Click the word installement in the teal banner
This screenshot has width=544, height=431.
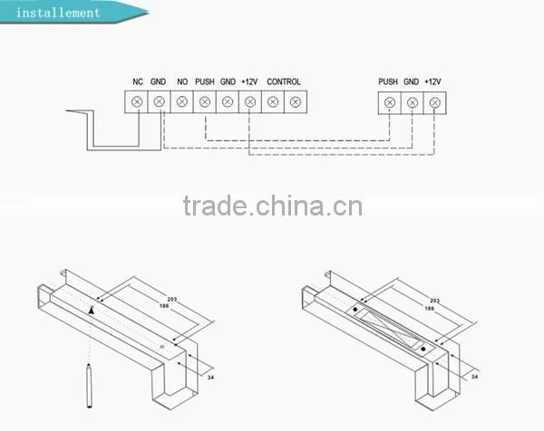point(58,13)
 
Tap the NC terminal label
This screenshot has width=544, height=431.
point(138,81)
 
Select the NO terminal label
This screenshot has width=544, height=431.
point(182,81)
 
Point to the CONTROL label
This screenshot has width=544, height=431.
point(284,81)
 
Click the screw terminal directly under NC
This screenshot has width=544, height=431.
point(137,101)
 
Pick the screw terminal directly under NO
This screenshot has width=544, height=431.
point(182,101)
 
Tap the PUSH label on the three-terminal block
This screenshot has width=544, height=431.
point(388,81)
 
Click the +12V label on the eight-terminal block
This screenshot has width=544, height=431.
point(249,81)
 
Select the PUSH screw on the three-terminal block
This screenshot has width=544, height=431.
point(390,103)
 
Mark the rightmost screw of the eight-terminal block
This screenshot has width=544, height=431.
point(296,101)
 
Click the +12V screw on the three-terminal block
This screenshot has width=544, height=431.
point(434,103)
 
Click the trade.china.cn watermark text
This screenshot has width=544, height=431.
point(273,206)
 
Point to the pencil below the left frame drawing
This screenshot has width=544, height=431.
point(89,386)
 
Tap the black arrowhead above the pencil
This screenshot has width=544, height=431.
point(92,311)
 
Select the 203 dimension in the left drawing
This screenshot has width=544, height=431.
point(172,300)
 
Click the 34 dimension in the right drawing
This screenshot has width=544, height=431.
point(474,377)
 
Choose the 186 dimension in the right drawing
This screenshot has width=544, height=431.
point(430,309)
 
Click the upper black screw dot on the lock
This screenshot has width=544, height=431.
point(355,310)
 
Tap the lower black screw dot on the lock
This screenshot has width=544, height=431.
point(423,349)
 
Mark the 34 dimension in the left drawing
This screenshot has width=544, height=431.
point(210,378)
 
